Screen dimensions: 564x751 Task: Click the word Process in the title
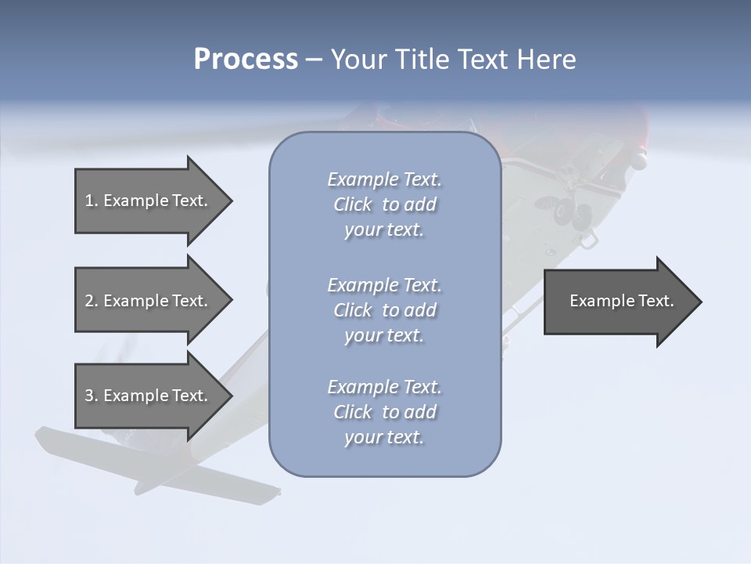(246, 60)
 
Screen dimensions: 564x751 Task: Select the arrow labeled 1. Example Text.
(149, 201)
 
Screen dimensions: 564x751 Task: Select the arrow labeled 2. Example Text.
(149, 301)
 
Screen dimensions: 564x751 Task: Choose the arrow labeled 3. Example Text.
(149, 396)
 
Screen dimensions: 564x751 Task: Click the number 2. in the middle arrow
(91, 301)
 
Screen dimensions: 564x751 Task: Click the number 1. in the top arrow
(91, 201)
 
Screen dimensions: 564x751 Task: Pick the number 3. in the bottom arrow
(91, 396)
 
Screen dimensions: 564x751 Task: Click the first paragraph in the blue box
(384, 204)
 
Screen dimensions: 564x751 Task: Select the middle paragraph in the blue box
(384, 310)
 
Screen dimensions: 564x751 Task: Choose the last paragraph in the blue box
(384, 412)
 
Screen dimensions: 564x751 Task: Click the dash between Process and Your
(314, 60)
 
